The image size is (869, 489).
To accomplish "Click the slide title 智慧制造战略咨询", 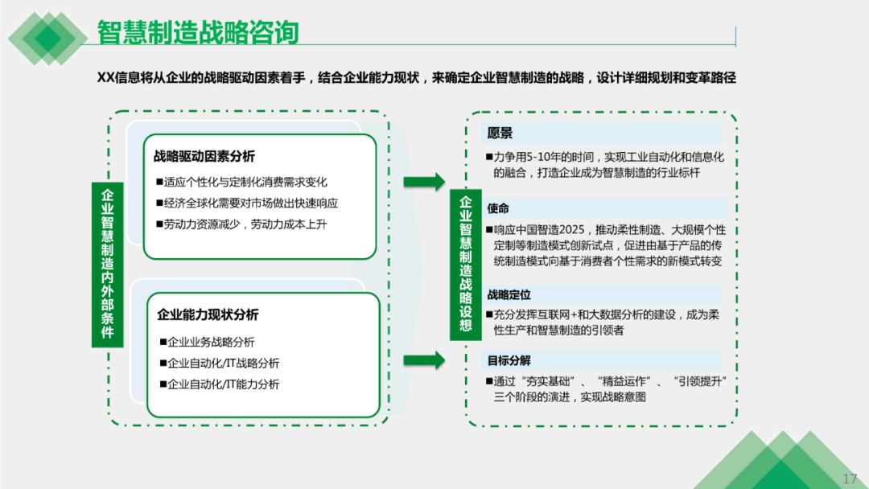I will pyautogui.click(x=198, y=33).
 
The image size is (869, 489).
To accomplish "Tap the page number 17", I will pyautogui.click(x=850, y=478).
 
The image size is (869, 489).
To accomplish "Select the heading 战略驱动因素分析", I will pyautogui.click(x=204, y=156).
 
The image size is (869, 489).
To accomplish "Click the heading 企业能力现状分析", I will pyautogui.click(x=208, y=314).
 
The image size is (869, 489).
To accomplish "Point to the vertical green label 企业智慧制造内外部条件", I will pyautogui.click(x=107, y=263).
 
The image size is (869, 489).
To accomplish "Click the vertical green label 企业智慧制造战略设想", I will pyautogui.click(x=465, y=263).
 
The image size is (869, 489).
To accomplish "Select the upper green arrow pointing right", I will pyautogui.click(x=423, y=182).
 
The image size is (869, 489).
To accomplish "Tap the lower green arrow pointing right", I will pyautogui.click(x=423, y=360).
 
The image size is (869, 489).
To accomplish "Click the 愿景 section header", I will pyautogui.click(x=500, y=134).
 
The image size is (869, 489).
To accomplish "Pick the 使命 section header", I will pyautogui.click(x=498, y=208).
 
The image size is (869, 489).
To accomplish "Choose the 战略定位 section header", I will pyautogui.click(x=509, y=295).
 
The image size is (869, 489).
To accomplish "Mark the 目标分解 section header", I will pyautogui.click(x=509, y=360).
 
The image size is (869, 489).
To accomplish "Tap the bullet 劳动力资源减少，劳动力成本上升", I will pyautogui.click(x=245, y=224).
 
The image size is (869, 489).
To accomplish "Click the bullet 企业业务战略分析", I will pyautogui.click(x=211, y=342).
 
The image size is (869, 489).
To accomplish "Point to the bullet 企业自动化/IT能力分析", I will pyautogui.click(x=223, y=384).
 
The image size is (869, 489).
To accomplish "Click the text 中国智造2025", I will pyautogui.click(x=551, y=230).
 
